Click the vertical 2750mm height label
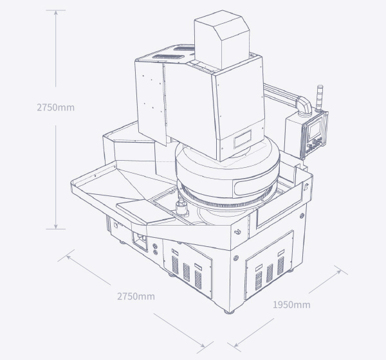[x=55, y=107]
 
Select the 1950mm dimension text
[x=291, y=305]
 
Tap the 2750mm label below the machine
[x=136, y=296]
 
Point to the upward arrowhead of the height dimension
[x=55, y=14]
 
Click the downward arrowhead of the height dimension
[x=55, y=226]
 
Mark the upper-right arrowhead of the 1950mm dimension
[x=339, y=272]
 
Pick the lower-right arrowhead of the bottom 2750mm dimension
[x=202, y=345]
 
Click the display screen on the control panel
[x=315, y=129]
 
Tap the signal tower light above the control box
[x=320, y=98]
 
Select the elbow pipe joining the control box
[x=304, y=105]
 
